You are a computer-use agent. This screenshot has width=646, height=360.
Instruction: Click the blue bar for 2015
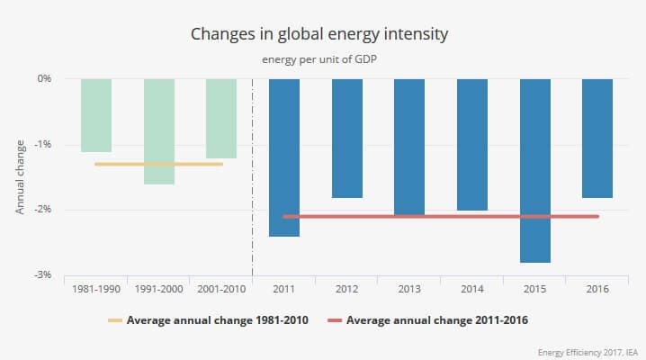point(535,171)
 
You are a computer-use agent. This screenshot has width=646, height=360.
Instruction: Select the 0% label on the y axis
point(42,78)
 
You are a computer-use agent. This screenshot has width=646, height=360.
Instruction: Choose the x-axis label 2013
point(409,289)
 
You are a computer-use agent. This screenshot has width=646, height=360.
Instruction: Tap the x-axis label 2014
point(472,289)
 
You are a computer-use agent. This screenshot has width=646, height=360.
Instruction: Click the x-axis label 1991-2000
point(158,289)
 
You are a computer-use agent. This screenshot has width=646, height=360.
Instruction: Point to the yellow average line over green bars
point(158,164)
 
